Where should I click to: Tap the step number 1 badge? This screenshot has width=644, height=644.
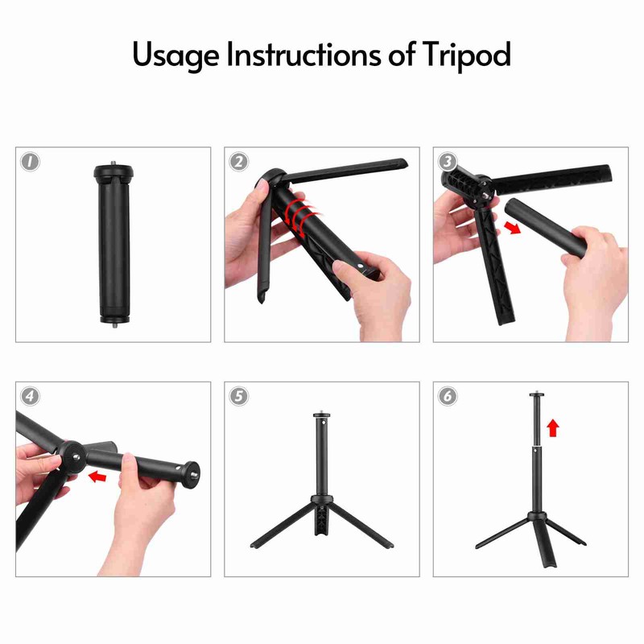coord(30,162)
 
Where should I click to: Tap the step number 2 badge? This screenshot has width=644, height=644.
coord(238,162)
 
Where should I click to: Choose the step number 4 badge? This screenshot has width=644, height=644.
coord(30,396)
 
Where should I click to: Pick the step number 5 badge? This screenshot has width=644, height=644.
coord(238,396)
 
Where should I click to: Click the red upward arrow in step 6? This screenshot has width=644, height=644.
coord(553,427)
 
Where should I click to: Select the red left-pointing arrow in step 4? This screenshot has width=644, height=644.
coord(97,477)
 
